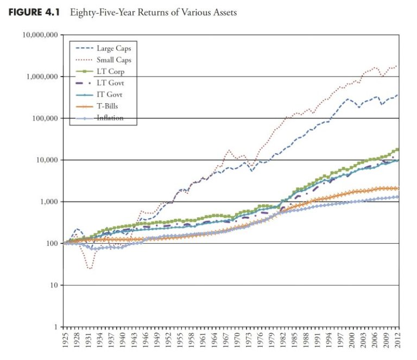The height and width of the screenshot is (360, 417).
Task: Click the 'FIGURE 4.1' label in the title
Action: [x=35, y=12]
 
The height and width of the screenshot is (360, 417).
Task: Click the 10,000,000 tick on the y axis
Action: [x=40, y=35]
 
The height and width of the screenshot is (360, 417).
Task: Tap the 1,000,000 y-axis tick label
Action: [x=42, y=77]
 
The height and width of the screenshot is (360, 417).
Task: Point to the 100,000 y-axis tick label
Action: [x=45, y=118]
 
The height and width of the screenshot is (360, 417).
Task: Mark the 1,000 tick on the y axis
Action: [x=49, y=202]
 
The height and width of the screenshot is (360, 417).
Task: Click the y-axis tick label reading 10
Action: [x=53, y=286]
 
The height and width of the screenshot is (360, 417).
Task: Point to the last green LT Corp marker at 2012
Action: [x=397, y=149]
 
